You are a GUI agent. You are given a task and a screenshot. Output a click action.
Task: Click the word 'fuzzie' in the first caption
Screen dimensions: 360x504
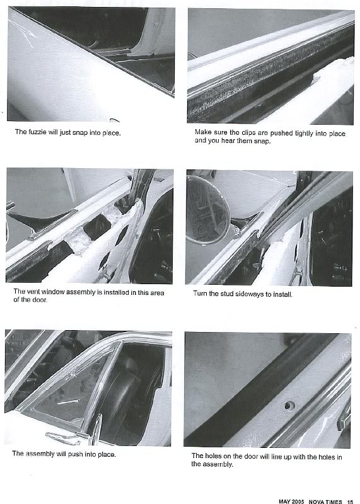click(x=38, y=132)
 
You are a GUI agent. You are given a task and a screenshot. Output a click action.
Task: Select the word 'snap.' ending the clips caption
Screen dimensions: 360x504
click(x=262, y=140)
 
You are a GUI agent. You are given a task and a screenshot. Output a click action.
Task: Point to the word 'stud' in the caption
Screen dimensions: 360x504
click(x=227, y=294)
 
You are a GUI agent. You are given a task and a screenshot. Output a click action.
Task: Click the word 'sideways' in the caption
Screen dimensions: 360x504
click(x=250, y=294)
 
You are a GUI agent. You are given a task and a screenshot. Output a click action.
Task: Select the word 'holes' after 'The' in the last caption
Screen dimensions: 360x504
click(x=214, y=456)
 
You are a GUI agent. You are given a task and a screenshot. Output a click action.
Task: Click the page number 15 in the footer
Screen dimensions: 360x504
click(x=350, y=501)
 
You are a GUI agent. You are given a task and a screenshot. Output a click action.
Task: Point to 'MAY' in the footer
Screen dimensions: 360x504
click(x=285, y=501)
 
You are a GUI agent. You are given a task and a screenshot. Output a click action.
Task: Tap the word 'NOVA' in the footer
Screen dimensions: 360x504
click(x=316, y=501)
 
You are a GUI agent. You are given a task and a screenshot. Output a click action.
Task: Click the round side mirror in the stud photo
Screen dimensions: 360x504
click(x=207, y=210)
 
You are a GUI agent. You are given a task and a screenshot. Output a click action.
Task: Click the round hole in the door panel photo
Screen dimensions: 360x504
click(x=289, y=406)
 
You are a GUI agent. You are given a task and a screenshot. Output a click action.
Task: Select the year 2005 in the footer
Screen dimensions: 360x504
click(x=298, y=501)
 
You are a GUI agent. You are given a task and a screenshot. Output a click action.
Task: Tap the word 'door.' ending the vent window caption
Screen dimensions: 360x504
click(x=39, y=300)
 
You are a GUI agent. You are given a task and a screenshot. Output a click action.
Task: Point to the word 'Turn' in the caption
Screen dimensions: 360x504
click(x=200, y=294)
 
